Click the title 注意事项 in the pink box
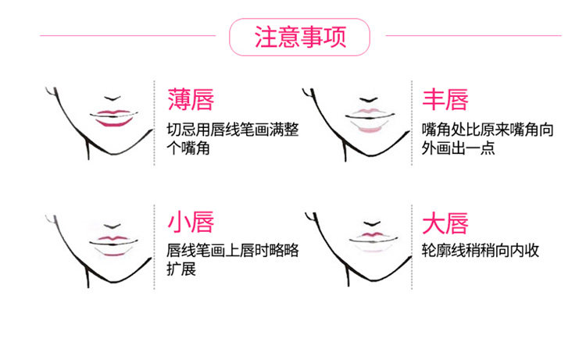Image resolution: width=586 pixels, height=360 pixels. point(300,37)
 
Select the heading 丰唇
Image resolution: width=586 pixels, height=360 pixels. point(445,101)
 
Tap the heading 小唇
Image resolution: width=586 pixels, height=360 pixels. point(191,223)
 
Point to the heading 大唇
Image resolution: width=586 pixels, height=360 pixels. point(445,223)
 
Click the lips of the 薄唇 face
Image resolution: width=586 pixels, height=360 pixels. point(115,117)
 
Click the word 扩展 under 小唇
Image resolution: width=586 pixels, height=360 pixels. point(181,270)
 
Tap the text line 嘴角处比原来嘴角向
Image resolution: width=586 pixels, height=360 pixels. point(487,129)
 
